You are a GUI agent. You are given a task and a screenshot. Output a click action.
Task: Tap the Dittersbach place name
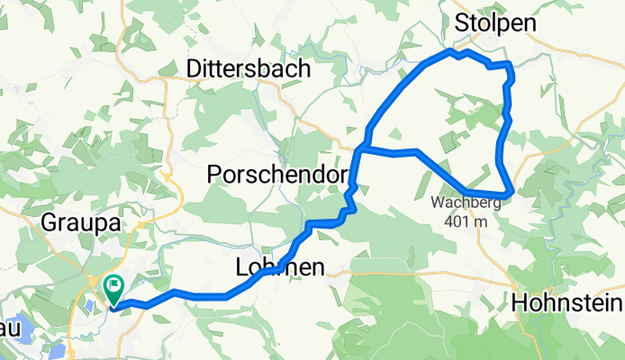pos(249,68)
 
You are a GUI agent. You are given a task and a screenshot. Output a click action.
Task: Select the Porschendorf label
pos(277,176)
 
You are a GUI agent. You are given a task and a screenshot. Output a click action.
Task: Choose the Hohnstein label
pos(567,303)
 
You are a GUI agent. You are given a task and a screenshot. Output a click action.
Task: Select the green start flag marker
pos(114,290)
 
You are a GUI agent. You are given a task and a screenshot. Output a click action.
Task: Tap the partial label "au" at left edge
pos(8,329)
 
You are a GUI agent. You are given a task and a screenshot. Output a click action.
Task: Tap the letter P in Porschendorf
pos(214,176)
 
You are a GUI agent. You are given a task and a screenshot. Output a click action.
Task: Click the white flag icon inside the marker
pos(115,287)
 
